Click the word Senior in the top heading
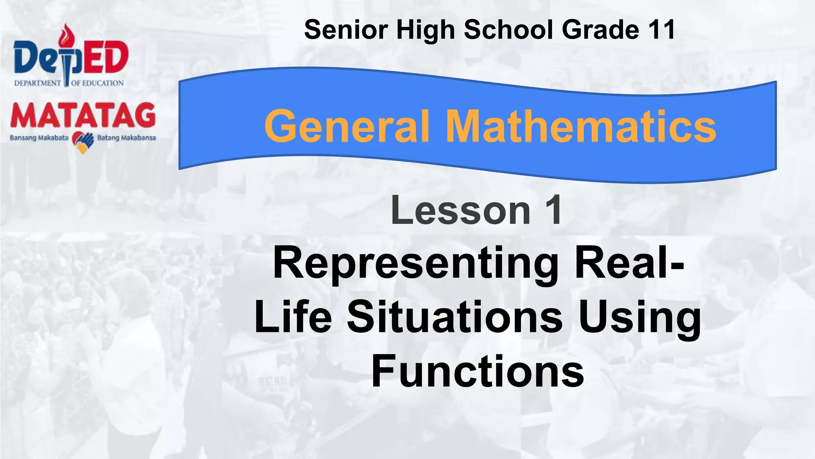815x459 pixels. pyautogui.click(x=346, y=30)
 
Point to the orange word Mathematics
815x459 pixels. pyautogui.click(x=581, y=127)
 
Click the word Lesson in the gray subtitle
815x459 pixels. pyautogui.click(x=460, y=210)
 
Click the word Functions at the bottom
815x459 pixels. pyautogui.click(x=478, y=371)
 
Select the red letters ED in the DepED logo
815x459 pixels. pyautogui.click(x=107, y=58)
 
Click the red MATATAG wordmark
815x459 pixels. pyautogui.click(x=83, y=116)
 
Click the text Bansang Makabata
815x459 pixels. pyautogui.click(x=39, y=138)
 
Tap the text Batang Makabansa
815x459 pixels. pyautogui.click(x=127, y=138)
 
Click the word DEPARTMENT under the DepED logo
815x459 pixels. pyautogui.click(x=37, y=83)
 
